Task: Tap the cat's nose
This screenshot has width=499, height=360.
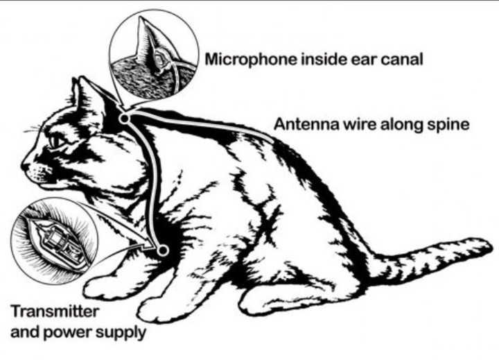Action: [25, 166]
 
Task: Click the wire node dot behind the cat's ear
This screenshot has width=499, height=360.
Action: [125, 119]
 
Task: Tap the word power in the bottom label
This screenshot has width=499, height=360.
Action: [74, 332]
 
